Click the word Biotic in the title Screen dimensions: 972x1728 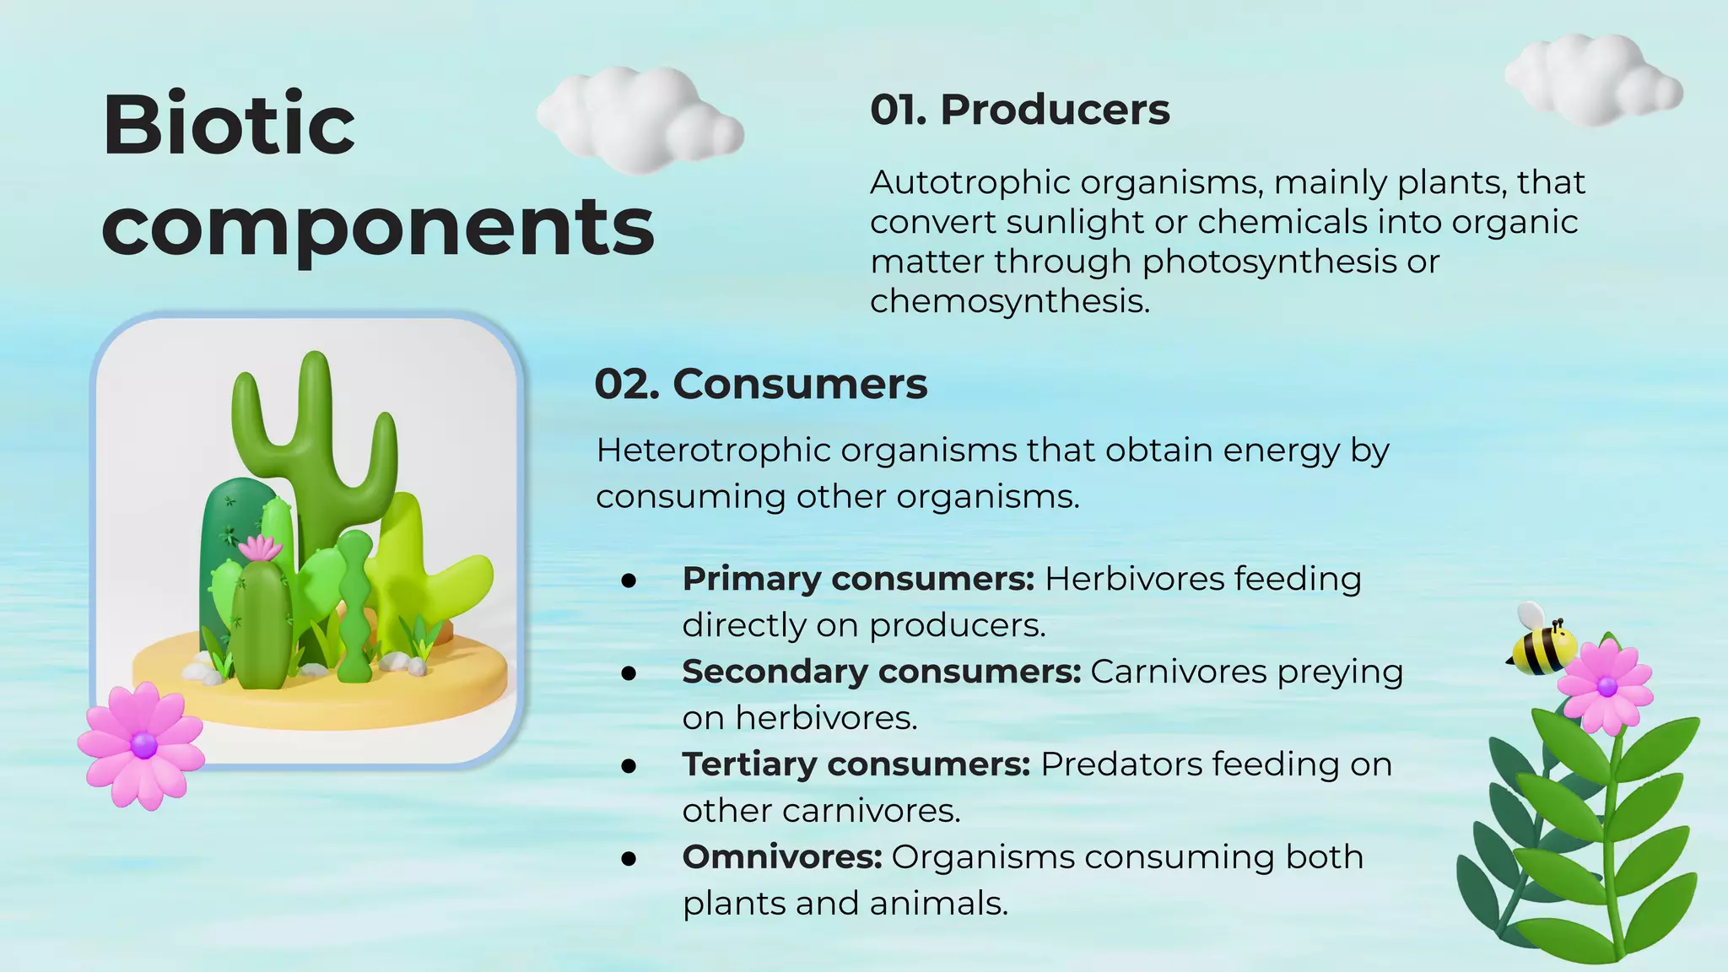coord(229,125)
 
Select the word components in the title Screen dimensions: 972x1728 coord(377,226)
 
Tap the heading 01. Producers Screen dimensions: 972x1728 coord(1020,110)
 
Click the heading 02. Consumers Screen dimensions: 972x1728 coord(761,384)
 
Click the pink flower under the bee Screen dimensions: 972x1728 coord(1605,684)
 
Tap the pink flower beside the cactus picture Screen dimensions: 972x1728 coord(142,744)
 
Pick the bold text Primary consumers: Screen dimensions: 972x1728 coord(858,580)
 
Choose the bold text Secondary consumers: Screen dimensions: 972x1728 coord(881,672)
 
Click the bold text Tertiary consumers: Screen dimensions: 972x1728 coord(856,765)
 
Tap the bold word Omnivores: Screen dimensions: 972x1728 coord(782,857)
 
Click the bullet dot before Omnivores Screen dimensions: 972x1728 coord(628,859)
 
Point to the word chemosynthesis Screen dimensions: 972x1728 coord(1009,301)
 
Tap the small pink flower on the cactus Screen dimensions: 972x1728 coord(261,548)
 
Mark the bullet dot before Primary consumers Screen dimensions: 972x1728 coord(628,580)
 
